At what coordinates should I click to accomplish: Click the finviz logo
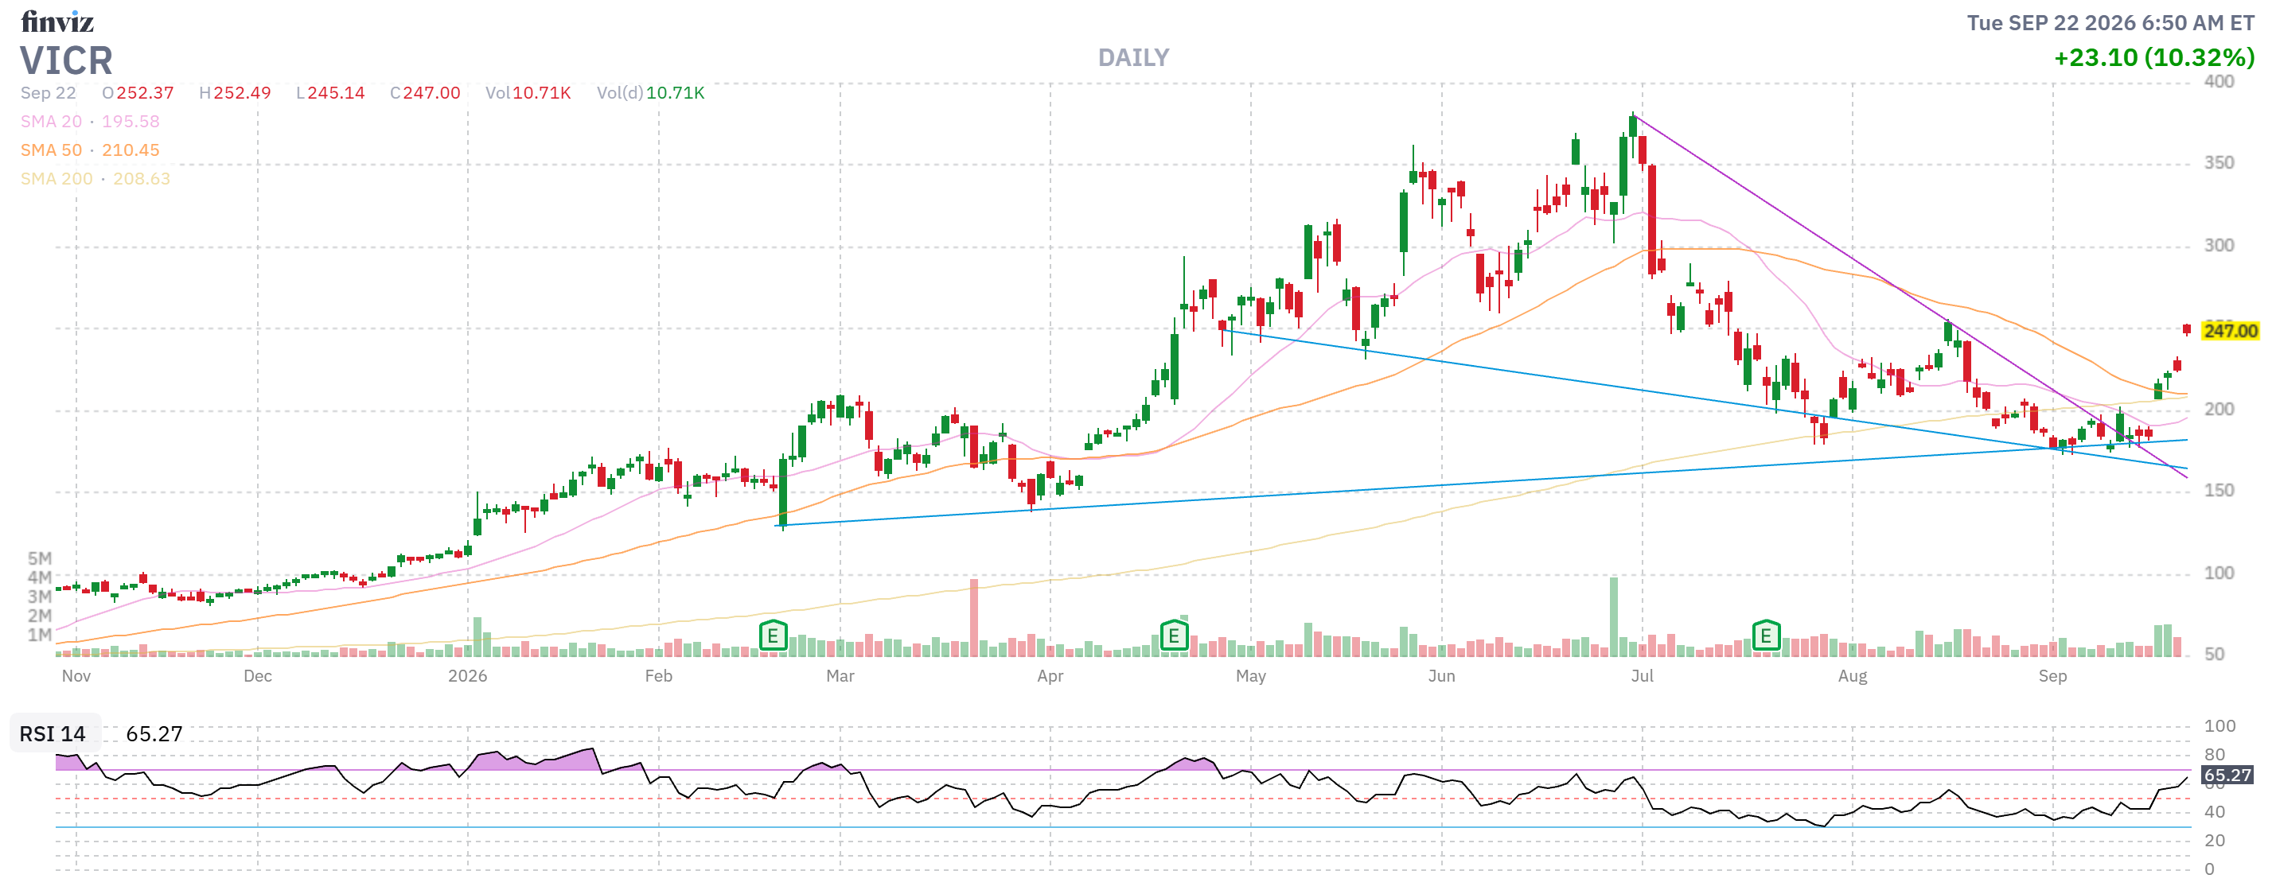click(x=57, y=21)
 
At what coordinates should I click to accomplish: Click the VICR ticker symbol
click(x=66, y=61)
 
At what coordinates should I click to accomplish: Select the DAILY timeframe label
click(x=1133, y=57)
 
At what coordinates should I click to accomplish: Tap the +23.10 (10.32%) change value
click(x=2154, y=57)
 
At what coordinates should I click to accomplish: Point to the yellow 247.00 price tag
click(x=2229, y=330)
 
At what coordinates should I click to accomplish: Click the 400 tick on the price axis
click(x=2219, y=81)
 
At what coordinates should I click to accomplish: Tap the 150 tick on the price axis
click(x=2219, y=490)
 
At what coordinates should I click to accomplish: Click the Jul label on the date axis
click(x=1642, y=676)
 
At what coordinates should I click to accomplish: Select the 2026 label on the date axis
click(x=467, y=676)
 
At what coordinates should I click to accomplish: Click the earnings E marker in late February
click(x=773, y=636)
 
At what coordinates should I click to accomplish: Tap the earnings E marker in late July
click(x=1765, y=636)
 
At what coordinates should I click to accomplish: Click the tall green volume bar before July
click(x=1613, y=616)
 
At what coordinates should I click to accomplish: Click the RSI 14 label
click(x=53, y=734)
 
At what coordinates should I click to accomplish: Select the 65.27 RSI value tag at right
click(x=2227, y=775)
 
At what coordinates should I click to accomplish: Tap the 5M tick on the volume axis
click(x=40, y=558)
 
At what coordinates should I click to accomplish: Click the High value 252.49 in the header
click(x=235, y=93)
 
